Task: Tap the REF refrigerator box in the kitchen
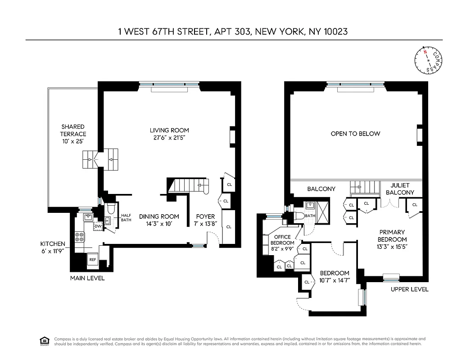pos(92,260)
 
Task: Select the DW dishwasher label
pos(98,226)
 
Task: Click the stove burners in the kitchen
pos(79,237)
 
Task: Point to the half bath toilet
pos(110,209)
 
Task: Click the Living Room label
pos(169,130)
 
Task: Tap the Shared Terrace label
pos(73,127)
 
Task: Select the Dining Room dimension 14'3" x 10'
pos(159,223)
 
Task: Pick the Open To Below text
pos(355,134)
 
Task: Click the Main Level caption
pos(87,278)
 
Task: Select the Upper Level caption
pos(409,289)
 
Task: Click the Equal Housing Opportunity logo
pos(45,341)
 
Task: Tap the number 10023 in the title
pos(331,31)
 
